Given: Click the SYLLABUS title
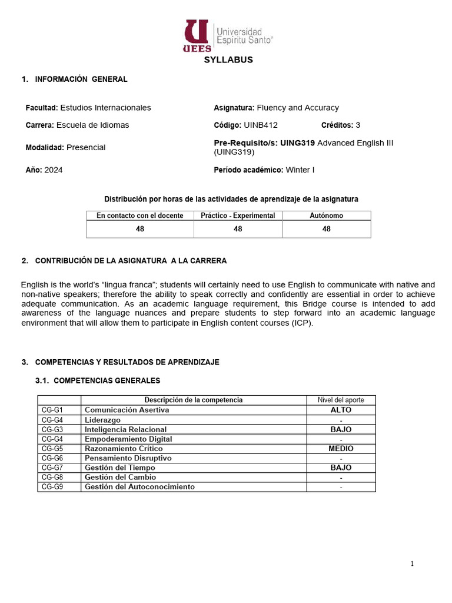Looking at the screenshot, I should pos(228,60).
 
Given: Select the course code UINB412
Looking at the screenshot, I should pos(261,125).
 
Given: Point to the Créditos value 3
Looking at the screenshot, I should pos(358,125).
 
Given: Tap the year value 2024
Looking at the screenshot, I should pos(54,170).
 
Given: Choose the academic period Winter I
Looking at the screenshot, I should pos(300,170).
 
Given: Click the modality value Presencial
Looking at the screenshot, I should pos(86,147).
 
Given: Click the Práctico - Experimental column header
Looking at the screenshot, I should pos(238,216).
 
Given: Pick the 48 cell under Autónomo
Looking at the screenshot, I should pos(326,229).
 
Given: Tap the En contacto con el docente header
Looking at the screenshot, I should pos(140,216).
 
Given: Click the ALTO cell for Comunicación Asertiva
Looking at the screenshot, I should pos(341,410).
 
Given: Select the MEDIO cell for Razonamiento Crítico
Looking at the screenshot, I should pos(341,449).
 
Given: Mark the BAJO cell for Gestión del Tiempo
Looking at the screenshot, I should pos(341,468).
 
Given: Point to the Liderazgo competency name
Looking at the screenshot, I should pos(103,420).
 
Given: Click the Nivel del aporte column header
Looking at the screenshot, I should pos(341,400).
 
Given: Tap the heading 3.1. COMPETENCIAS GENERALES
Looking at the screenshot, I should pos(98,380).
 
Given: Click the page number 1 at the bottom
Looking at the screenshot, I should pos(412,564).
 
